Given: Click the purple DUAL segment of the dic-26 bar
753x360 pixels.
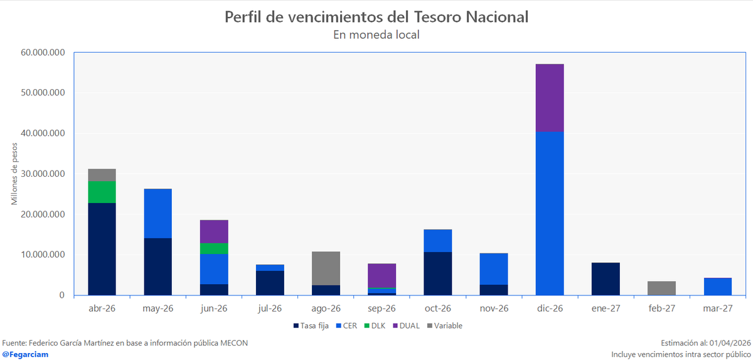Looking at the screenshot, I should [x=550, y=97].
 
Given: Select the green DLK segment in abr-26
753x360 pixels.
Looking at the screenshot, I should [x=102, y=192].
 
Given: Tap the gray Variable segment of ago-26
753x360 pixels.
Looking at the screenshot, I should [x=326, y=268].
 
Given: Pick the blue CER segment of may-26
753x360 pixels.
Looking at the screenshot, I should [x=158, y=213].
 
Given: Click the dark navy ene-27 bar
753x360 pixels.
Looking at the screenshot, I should [x=606, y=278].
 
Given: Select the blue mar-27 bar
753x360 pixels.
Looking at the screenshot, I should [x=717, y=286].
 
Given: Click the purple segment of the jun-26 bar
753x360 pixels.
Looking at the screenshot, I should [x=214, y=231].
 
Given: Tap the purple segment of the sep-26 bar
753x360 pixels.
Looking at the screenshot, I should [x=382, y=275].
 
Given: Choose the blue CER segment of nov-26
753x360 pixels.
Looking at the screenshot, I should [x=493, y=268].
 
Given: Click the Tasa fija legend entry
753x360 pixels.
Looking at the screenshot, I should [x=310, y=326].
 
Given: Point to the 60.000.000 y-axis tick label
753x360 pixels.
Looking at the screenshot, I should [x=43, y=53].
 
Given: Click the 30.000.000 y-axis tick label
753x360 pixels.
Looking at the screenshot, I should [x=43, y=174].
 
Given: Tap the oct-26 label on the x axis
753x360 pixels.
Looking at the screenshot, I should [x=437, y=309].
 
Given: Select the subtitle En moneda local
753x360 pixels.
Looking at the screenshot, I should [x=376, y=35].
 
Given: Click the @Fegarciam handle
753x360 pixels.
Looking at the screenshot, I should [x=26, y=354].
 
